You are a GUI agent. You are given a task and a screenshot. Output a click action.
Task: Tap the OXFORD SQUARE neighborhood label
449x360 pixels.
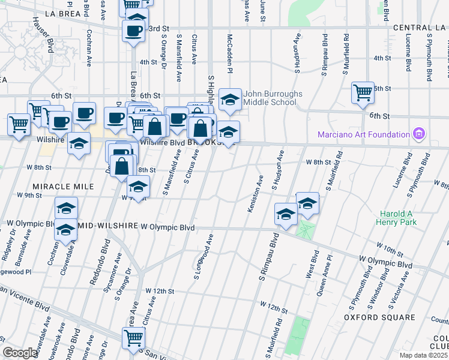pos(379,317)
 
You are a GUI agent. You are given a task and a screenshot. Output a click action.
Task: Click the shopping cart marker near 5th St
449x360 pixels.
pos(363,92)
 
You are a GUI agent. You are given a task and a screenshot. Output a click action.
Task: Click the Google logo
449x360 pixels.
pos(21,353)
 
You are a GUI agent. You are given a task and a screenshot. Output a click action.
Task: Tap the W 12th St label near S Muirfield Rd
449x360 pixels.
pos(274,307)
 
